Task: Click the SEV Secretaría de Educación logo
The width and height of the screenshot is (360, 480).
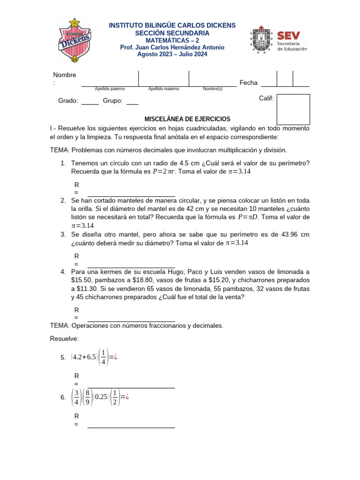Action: click(x=279, y=39)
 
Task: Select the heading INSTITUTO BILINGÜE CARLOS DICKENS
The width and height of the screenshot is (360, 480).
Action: click(x=172, y=25)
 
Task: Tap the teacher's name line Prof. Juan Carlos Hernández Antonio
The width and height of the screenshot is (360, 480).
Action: click(x=172, y=47)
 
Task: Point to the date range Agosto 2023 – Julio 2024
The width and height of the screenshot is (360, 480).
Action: click(x=172, y=54)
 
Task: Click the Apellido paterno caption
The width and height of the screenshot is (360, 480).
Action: click(x=110, y=89)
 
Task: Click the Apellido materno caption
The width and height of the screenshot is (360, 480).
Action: click(x=164, y=89)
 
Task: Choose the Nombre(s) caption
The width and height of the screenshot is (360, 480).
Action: click(x=212, y=89)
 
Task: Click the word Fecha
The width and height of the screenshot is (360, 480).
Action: click(x=248, y=82)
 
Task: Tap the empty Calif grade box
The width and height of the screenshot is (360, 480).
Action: click(x=293, y=109)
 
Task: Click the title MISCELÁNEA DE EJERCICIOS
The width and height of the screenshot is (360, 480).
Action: click(x=180, y=119)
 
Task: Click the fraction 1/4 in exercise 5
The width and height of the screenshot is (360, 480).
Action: click(x=103, y=357)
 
